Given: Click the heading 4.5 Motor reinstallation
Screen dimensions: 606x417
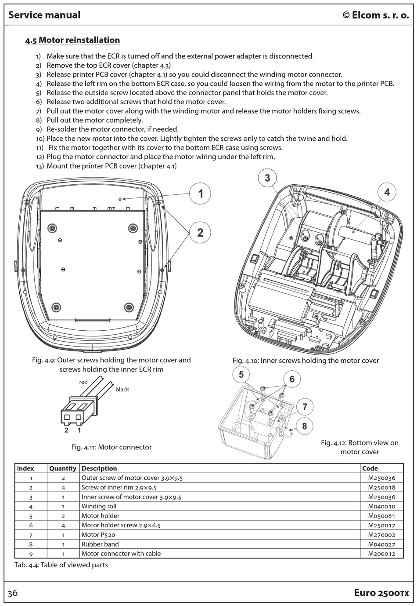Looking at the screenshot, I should pyautogui.click(x=72, y=40).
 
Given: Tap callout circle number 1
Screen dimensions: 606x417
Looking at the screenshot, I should pyautogui.click(x=201, y=193).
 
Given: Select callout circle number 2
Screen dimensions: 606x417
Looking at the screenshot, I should pyautogui.click(x=200, y=232).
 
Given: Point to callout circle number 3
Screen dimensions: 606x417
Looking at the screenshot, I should pyautogui.click(x=267, y=178).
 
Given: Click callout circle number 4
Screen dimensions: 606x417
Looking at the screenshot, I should pyautogui.click(x=387, y=192).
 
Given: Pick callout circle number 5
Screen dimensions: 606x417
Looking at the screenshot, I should pyautogui.click(x=241, y=375).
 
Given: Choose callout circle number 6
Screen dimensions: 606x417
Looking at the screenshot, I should pyautogui.click(x=292, y=379).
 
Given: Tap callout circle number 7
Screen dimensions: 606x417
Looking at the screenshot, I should pyautogui.click(x=305, y=407).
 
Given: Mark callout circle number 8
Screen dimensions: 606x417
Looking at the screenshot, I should pyautogui.click(x=304, y=426).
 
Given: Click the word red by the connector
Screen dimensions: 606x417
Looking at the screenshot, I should pyautogui.click(x=83, y=382).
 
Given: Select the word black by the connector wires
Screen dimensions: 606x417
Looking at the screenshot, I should pyautogui.click(x=122, y=389).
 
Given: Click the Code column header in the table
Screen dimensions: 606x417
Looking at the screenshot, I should pyautogui.click(x=370, y=468).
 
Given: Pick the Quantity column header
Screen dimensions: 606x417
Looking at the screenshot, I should pyautogui.click(x=63, y=468).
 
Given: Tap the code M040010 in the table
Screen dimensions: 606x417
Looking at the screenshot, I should pyautogui.click(x=381, y=506).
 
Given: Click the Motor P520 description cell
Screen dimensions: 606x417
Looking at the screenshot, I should pyautogui.click(x=98, y=535).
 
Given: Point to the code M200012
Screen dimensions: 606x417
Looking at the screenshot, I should pyautogui.click(x=381, y=554).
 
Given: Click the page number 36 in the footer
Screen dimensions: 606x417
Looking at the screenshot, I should pyautogui.click(x=13, y=593).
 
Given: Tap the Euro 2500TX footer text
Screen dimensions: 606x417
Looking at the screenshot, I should pyautogui.click(x=381, y=593).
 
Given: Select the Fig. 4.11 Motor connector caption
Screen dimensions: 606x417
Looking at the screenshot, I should pyautogui.click(x=111, y=447).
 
